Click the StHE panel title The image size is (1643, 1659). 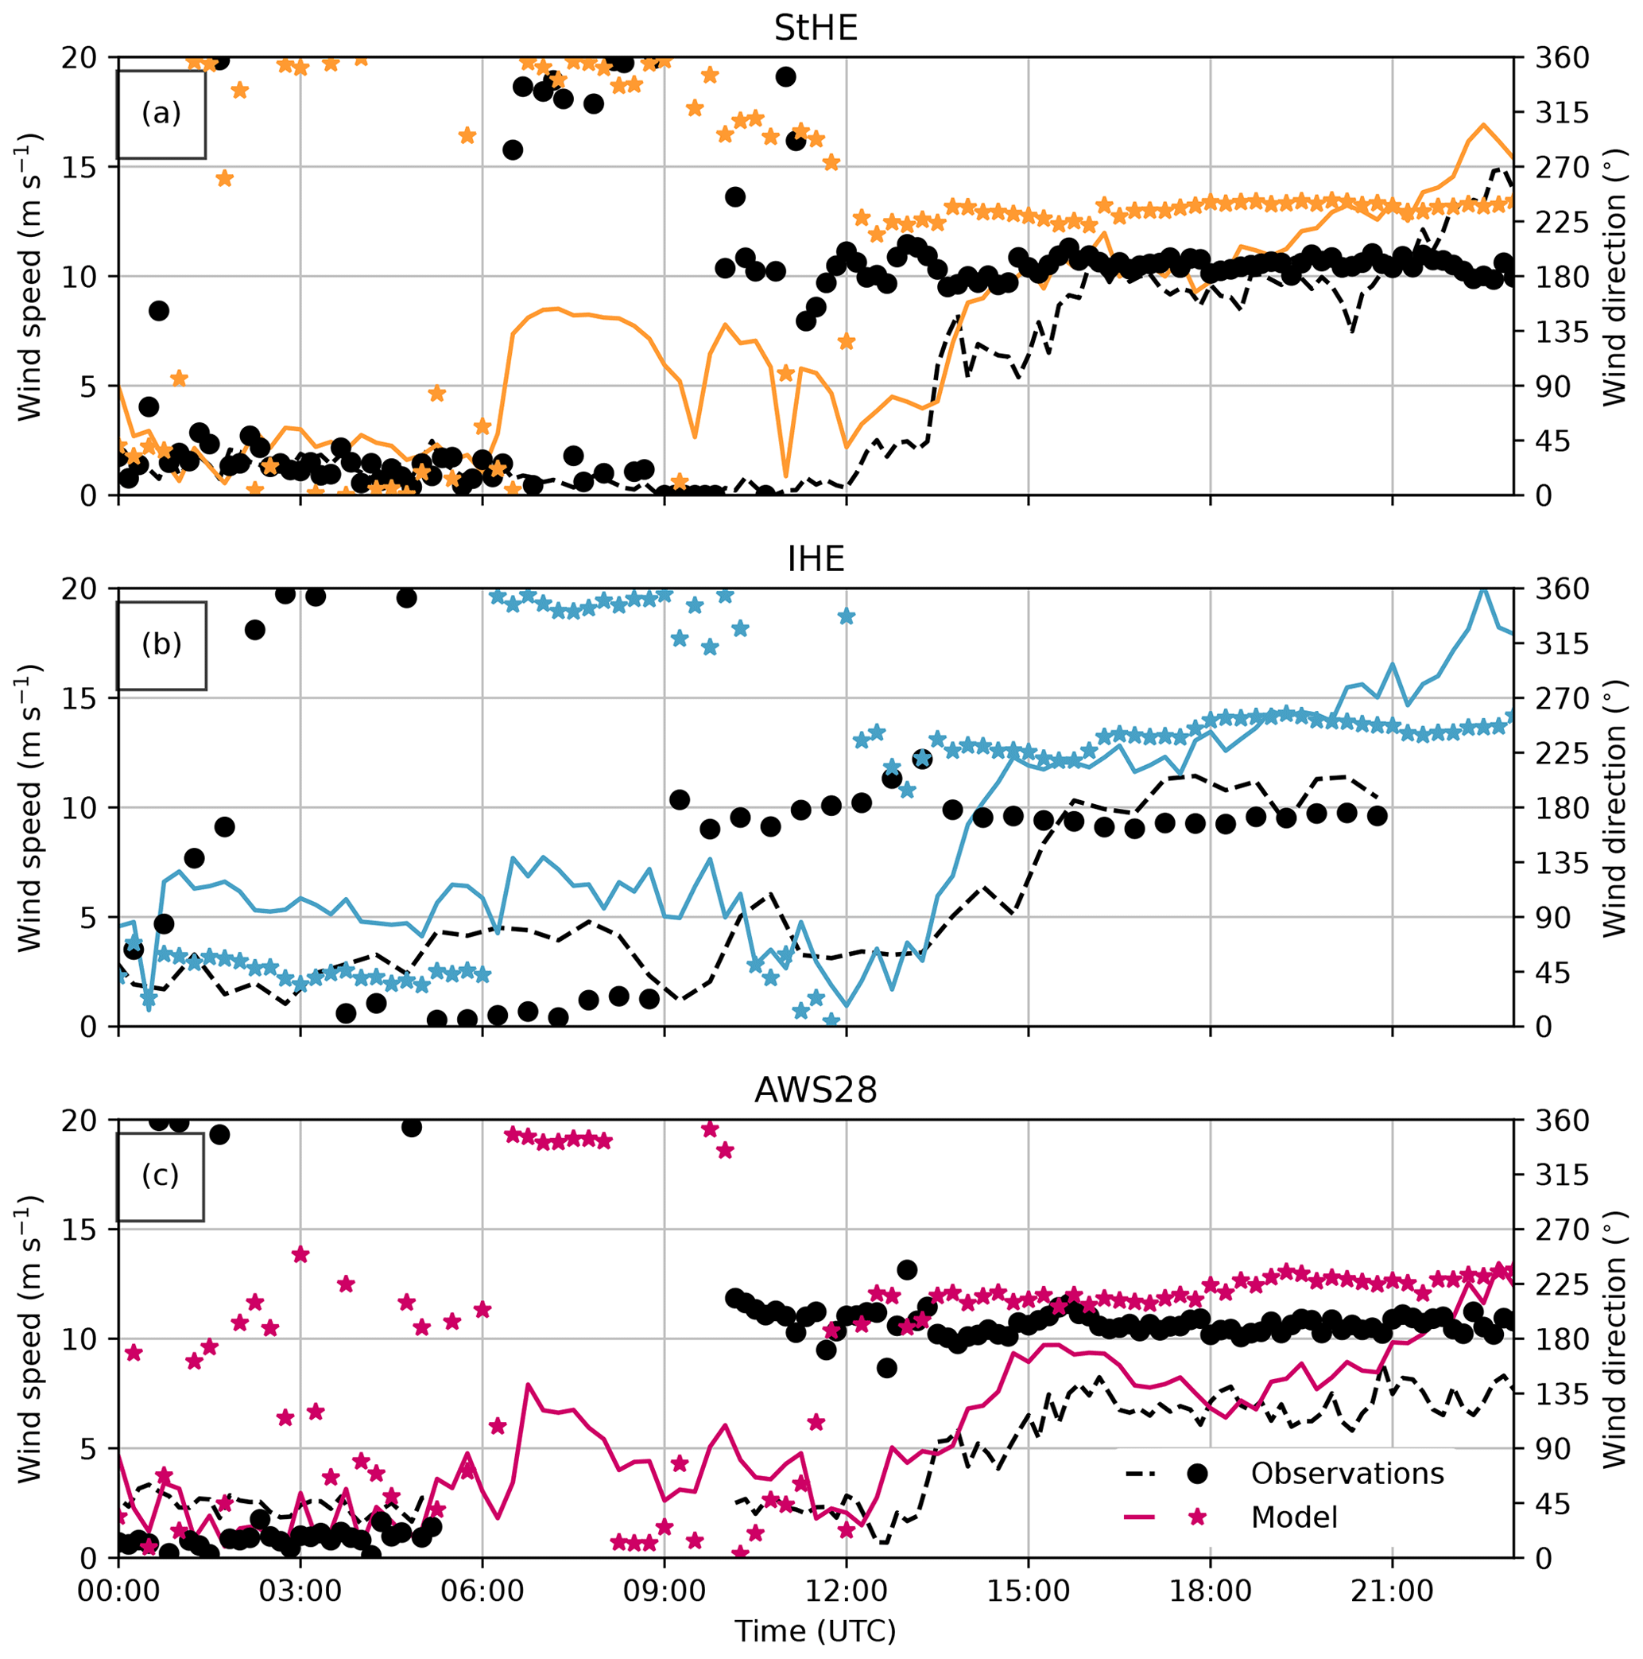[815, 29]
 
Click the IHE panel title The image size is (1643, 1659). [815, 560]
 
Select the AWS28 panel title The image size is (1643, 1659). [815, 1090]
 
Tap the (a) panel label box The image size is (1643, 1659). [161, 115]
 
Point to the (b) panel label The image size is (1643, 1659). [161, 645]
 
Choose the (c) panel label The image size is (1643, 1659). [161, 1175]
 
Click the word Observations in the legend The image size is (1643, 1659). [1347, 1474]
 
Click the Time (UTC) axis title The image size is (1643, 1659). [815, 1630]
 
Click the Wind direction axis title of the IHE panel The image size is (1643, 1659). [1615, 807]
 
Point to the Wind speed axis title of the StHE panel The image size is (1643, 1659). [29, 277]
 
